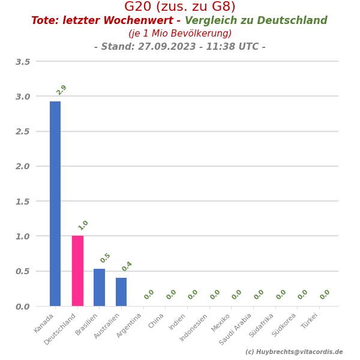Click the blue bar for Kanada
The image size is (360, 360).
(55, 204)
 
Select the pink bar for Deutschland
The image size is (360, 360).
(77, 271)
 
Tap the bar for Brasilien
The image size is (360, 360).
(100, 287)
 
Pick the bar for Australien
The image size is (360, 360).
(121, 292)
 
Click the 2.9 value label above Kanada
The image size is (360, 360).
(61, 90)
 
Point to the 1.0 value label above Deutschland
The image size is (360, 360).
(83, 225)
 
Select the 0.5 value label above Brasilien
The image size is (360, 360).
(106, 258)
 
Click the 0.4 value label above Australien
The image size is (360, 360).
(127, 266)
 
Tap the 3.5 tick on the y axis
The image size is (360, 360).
(23, 62)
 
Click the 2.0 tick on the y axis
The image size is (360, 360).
(23, 166)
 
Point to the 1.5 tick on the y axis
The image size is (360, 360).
(23, 202)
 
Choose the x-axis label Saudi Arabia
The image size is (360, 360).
(236, 329)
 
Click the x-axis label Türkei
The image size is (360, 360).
(310, 322)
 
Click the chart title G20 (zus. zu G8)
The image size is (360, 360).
(180, 7)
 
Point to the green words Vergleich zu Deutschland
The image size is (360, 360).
(256, 21)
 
